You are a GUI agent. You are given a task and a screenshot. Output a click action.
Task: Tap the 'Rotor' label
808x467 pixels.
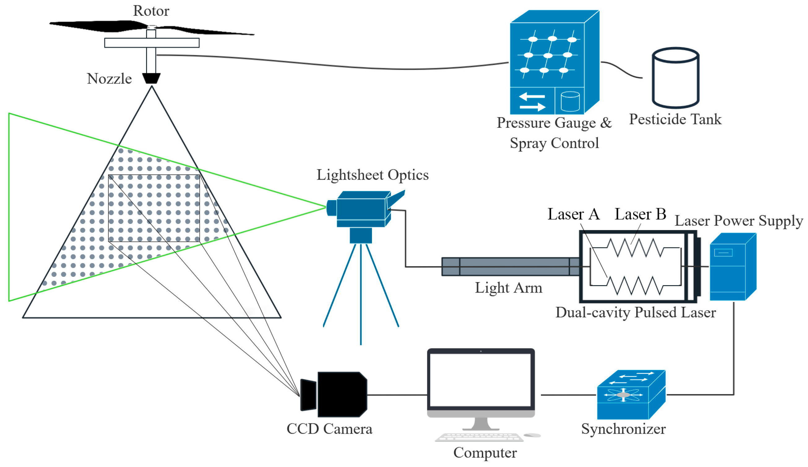[x=151, y=11]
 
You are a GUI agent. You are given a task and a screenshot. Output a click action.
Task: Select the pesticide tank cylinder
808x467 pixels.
[x=676, y=78]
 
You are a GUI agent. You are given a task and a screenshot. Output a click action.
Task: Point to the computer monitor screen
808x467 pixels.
[x=481, y=380]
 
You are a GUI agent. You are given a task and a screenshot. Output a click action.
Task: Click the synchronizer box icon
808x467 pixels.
[x=631, y=395]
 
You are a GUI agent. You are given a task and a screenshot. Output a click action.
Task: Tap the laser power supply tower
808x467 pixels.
[x=733, y=267]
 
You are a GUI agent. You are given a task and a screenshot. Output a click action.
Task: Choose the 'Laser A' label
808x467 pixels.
[x=574, y=214]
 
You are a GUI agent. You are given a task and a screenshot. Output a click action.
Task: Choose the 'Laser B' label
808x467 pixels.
[x=640, y=214]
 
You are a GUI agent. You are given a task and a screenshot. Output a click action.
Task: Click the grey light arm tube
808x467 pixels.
[x=510, y=267]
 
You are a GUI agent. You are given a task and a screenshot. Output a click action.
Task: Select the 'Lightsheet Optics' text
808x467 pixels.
[x=373, y=175]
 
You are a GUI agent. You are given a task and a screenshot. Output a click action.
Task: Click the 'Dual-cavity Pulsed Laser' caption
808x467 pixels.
[x=636, y=312]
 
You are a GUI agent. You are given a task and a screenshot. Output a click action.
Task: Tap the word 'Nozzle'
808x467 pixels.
[x=109, y=79]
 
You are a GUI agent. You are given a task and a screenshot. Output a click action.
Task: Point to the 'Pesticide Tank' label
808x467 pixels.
[x=675, y=119]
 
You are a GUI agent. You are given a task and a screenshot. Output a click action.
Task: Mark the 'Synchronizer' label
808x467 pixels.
[x=623, y=429]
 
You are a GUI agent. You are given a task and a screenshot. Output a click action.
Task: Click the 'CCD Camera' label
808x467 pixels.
[x=329, y=429]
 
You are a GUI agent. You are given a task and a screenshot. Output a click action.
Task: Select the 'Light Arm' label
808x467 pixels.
[x=508, y=288]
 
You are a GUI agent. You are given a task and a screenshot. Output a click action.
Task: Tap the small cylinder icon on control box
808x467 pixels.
[x=570, y=101]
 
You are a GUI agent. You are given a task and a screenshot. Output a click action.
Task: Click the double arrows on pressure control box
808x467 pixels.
[x=532, y=101]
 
